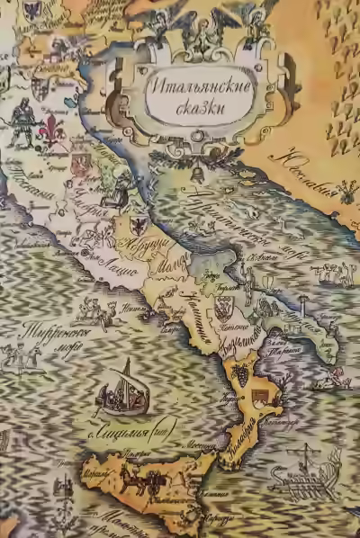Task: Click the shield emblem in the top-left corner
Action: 32,11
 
